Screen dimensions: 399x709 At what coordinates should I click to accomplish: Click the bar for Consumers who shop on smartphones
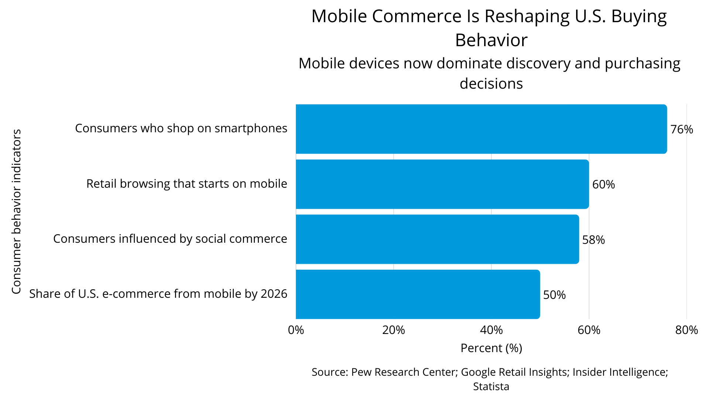pyautogui.click(x=481, y=129)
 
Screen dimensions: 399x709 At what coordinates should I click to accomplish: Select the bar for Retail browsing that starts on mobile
pyautogui.click(x=442, y=184)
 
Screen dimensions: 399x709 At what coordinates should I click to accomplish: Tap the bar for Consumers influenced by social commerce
pyautogui.click(x=437, y=239)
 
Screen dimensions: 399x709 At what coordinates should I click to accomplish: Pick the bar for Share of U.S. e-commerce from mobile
pyautogui.click(x=418, y=294)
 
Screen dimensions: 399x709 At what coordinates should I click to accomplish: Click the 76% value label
pyautogui.click(x=682, y=130)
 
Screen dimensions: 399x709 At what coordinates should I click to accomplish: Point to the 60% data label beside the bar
pyautogui.click(x=603, y=184)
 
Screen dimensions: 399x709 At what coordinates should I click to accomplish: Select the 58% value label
pyautogui.click(x=593, y=240)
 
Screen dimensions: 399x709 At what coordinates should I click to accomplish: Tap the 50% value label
pyautogui.click(x=554, y=295)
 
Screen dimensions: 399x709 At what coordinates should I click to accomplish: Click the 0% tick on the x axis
pyautogui.click(x=296, y=330)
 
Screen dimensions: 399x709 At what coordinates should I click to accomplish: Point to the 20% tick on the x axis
pyautogui.click(x=394, y=330)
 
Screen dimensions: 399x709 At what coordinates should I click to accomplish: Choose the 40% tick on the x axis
pyautogui.click(x=491, y=330)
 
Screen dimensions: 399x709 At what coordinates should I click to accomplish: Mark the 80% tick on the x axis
pyautogui.click(x=686, y=330)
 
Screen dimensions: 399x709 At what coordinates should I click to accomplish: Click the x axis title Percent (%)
pyautogui.click(x=491, y=348)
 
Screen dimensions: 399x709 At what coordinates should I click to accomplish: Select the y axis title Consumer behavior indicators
pyautogui.click(x=16, y=211)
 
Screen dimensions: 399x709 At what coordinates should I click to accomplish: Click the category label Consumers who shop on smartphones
pyautogui.click(x=181, y=128)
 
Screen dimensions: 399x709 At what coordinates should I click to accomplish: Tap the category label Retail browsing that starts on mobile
pyautogui.click(x=186, y=184)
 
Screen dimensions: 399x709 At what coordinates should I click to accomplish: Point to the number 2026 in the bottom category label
pyautogui.click(x=274, y=294)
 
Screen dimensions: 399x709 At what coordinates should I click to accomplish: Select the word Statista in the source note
pyautogui.click(x=491, y=386)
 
